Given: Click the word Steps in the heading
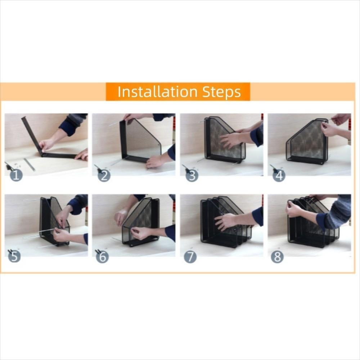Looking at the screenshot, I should [221, 92].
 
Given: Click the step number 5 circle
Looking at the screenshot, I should [14, 256].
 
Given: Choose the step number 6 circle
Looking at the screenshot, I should [102, 256].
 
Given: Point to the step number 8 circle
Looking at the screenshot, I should [277, 257].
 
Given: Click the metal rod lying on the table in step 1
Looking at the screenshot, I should [30, 164].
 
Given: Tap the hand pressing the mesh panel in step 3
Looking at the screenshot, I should [230, 140].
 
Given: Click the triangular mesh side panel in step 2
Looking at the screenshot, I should [142, 139].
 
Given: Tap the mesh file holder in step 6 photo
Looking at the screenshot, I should [142, 220].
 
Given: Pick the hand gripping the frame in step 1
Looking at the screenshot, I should [47, 144].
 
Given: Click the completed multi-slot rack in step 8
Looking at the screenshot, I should [310, 227].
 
